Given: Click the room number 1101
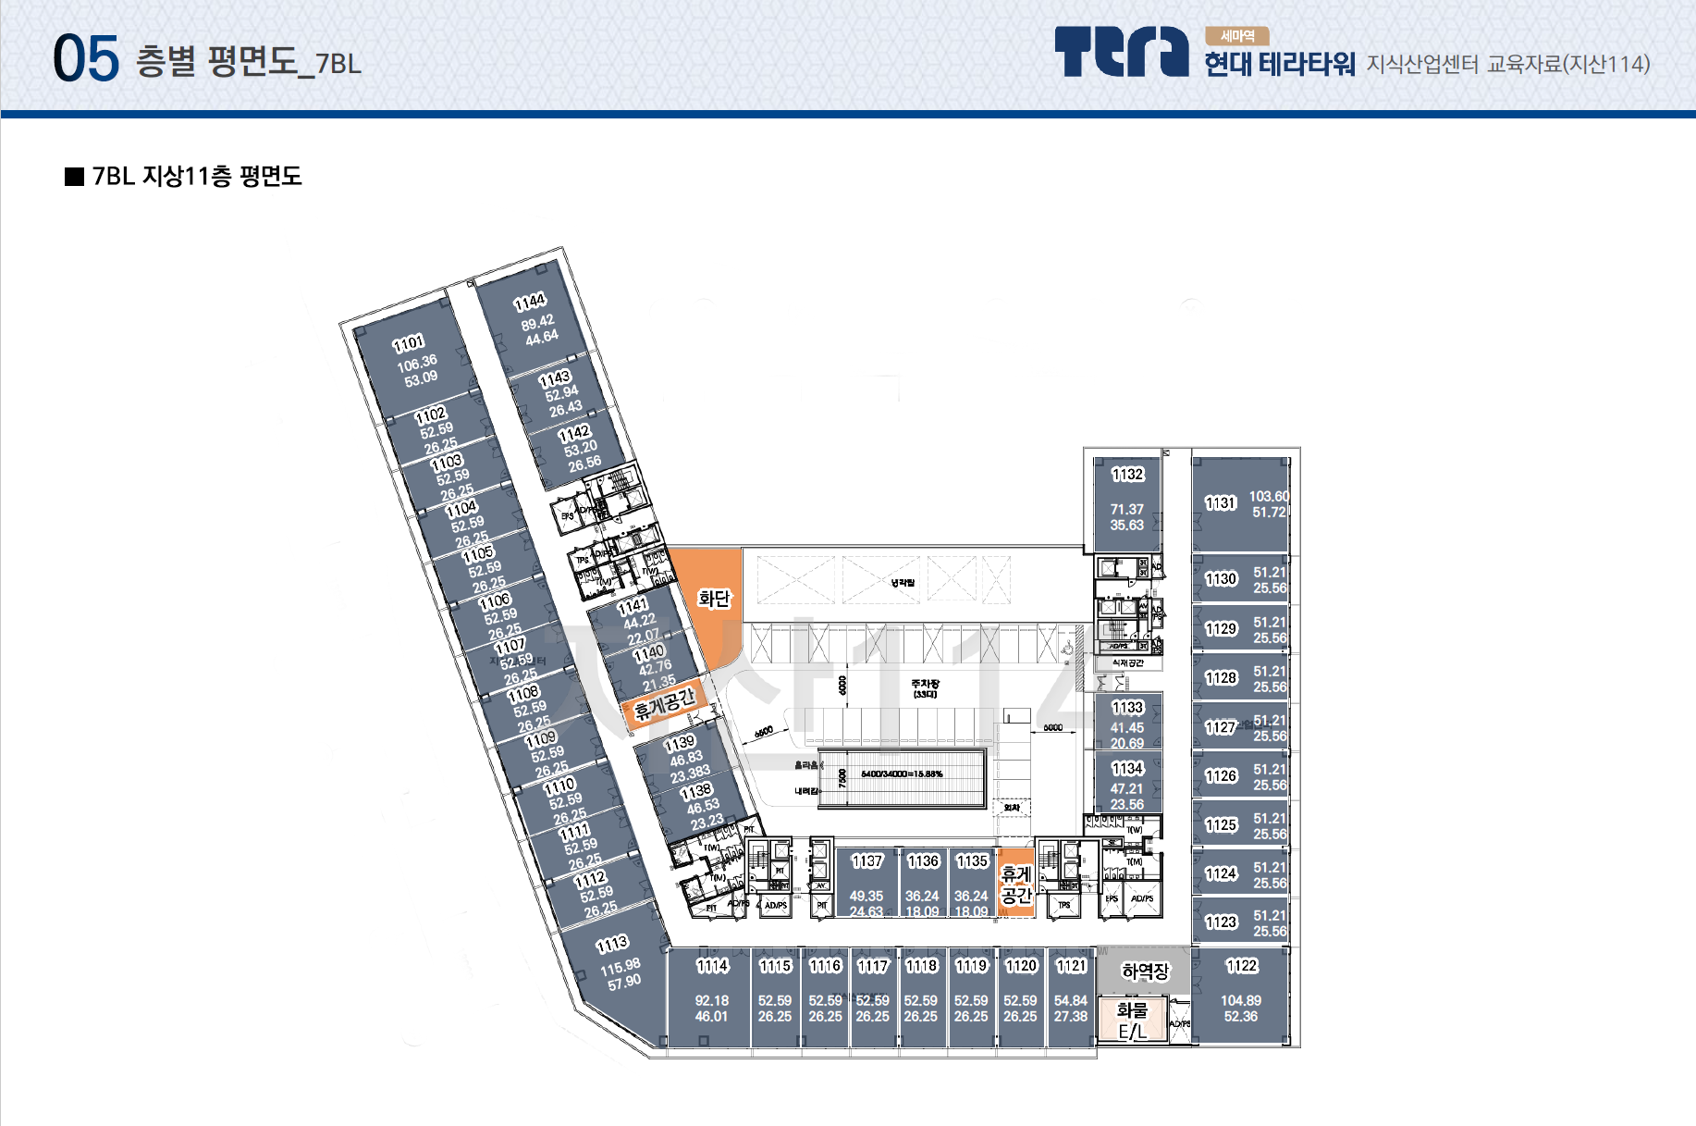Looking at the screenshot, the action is pos(408,344).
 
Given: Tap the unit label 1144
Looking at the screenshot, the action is pos(530,303).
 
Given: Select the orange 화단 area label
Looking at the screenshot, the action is pos(714,599).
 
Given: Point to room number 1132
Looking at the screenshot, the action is pos(1127,475).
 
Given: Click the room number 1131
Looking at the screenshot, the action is pos(1221,503).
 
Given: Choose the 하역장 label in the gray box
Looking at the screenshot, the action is pos(1145,971).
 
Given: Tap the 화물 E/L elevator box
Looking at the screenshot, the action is pos(1132,1021).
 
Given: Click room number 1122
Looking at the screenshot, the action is pos(1241,966).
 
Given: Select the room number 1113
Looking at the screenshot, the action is pos(612,945).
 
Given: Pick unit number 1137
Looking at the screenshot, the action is pos(866,861).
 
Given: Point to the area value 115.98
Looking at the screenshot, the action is pos(620,968).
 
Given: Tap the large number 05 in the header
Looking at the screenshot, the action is pos(86,59).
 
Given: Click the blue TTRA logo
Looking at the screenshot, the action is pos(1121,52).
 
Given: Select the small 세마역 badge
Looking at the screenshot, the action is pos(1236,36).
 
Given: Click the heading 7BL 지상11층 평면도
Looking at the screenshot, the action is pos(196,177).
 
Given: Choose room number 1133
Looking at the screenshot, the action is pos(1127,708).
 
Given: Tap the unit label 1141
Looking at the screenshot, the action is pos(633,607).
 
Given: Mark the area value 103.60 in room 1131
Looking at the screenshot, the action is pos(1269,497).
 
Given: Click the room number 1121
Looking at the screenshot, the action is pos(1071,966).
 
